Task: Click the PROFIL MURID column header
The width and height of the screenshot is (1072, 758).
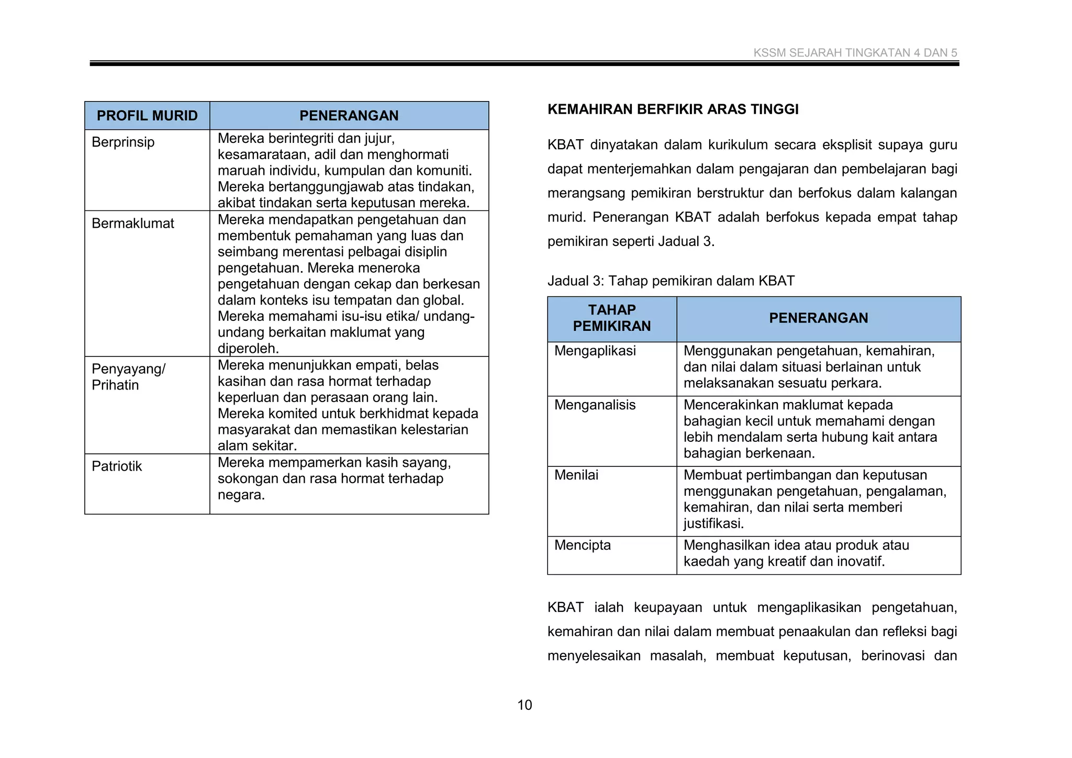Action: click(x=147, y=116)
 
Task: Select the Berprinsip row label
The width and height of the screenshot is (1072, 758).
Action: click(x=123, y=142)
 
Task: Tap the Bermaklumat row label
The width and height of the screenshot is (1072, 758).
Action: click(x=132, y=224)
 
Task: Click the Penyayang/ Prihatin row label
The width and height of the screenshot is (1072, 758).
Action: click(x=128, y=377)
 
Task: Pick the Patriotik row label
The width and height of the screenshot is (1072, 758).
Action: click(x=116, y=466)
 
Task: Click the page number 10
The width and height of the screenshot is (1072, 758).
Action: click(x=524, y=705)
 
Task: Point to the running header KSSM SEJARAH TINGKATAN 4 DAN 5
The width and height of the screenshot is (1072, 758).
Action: click(x=855, y=53)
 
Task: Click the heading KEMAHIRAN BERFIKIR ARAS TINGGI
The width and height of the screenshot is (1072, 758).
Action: click(x=673, y=109)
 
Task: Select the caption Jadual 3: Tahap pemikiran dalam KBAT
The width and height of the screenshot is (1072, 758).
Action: click(x=671, y=281)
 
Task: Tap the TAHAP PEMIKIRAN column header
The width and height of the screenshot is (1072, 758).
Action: click(x=611, y=318)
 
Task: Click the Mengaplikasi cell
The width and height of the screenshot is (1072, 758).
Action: click(x=595, y=351)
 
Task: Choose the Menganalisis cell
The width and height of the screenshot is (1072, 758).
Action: click(x=595, y=405)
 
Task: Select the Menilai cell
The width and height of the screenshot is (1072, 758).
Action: click(x=576, y=475)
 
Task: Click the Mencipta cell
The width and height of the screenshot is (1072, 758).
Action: click(x=582, y=545)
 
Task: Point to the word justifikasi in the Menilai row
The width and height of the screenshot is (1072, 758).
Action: click(x=713, y=523)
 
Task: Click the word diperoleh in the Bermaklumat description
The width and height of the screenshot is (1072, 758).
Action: click(x=248, y=349)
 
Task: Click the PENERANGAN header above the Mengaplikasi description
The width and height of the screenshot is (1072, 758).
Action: click(x=818, y=318)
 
